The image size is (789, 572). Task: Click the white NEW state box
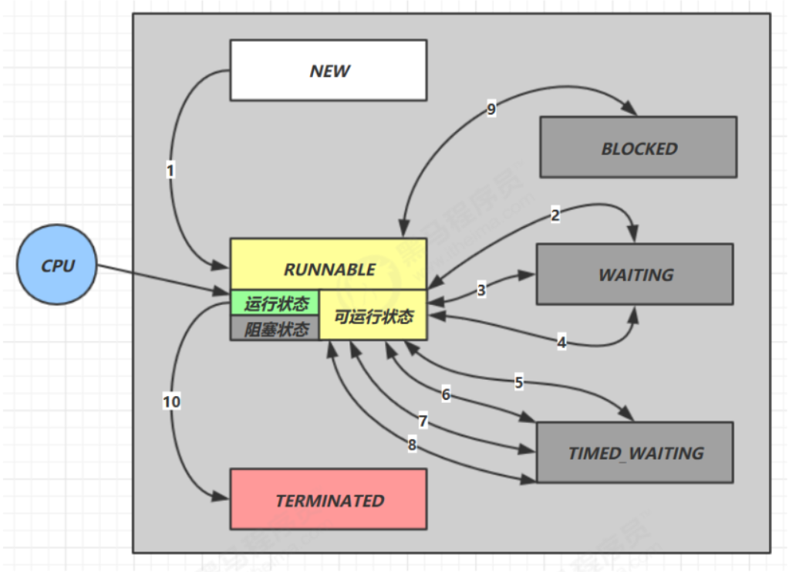(329, 70)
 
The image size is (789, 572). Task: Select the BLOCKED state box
(638, 147)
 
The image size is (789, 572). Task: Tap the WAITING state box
(635, 274)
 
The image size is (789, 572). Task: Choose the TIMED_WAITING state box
(635, 452)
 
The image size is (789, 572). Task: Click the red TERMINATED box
(329, 499)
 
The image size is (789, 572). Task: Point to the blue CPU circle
(58, 265)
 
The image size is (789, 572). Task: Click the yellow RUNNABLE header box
(329, 269)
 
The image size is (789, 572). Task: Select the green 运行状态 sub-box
(275, 303)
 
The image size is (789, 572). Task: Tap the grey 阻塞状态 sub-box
(275, 329)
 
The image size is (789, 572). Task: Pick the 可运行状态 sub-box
(373, 316)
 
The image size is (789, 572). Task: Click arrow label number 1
(170, 170)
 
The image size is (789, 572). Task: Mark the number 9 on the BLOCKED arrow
(491, 109)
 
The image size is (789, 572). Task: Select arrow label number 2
(555, 215)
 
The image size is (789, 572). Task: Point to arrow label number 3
(481, 290)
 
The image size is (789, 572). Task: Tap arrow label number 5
(519, 381)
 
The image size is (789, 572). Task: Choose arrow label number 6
(446, 394)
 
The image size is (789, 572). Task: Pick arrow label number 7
(423, 421)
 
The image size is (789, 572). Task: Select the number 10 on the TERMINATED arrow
(171, 401)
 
